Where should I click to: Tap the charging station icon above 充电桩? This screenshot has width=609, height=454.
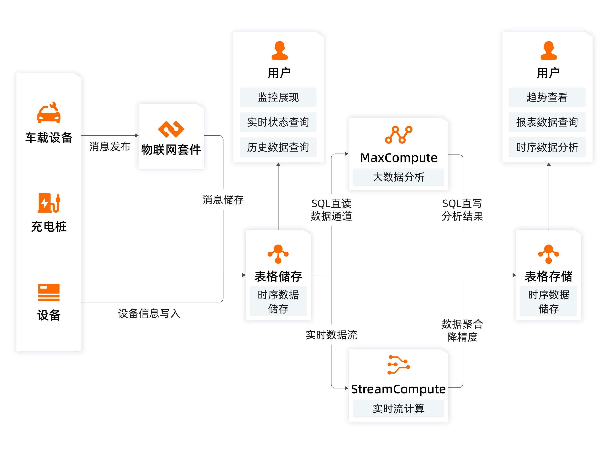click(49, 203)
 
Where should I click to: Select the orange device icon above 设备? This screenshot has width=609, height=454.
click(49, 292)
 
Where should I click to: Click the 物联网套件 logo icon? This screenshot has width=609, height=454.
click(171, 129)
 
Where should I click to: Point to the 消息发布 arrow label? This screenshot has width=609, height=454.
click(110, 146)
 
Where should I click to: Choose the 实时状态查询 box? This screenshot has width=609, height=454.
click(278, 122)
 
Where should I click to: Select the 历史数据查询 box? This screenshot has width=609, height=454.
click(278, 147)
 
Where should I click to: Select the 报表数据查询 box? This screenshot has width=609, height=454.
click(547, 122)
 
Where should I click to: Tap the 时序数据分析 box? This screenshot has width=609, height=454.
click(547, 147)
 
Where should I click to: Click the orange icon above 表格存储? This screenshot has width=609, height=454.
click(548, 254)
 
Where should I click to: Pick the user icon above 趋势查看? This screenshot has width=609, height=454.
click(548, 51)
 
